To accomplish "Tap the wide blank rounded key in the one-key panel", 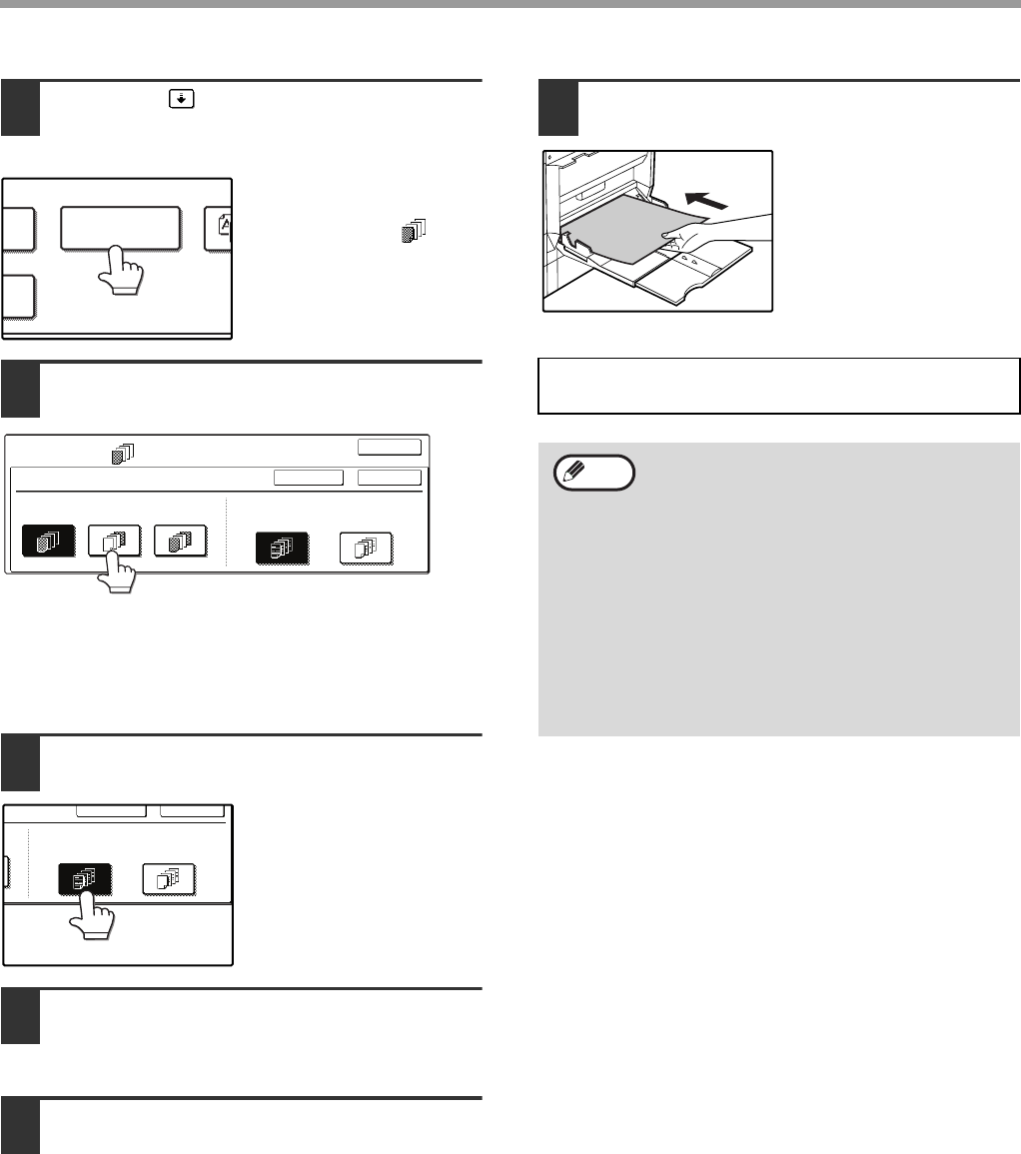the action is pyautogui.click(x=121, y=227).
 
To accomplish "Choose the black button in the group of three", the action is pyautogui.click(x=49, y=541).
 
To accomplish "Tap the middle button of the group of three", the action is pyautogui.click(x=113, y=541).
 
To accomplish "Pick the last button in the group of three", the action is pyautogui.click(x=180, y=541).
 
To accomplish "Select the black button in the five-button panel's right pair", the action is pyautogui.click(x=283, y=550).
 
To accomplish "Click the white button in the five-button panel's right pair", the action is pyautogui.click(x=366, y=550).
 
